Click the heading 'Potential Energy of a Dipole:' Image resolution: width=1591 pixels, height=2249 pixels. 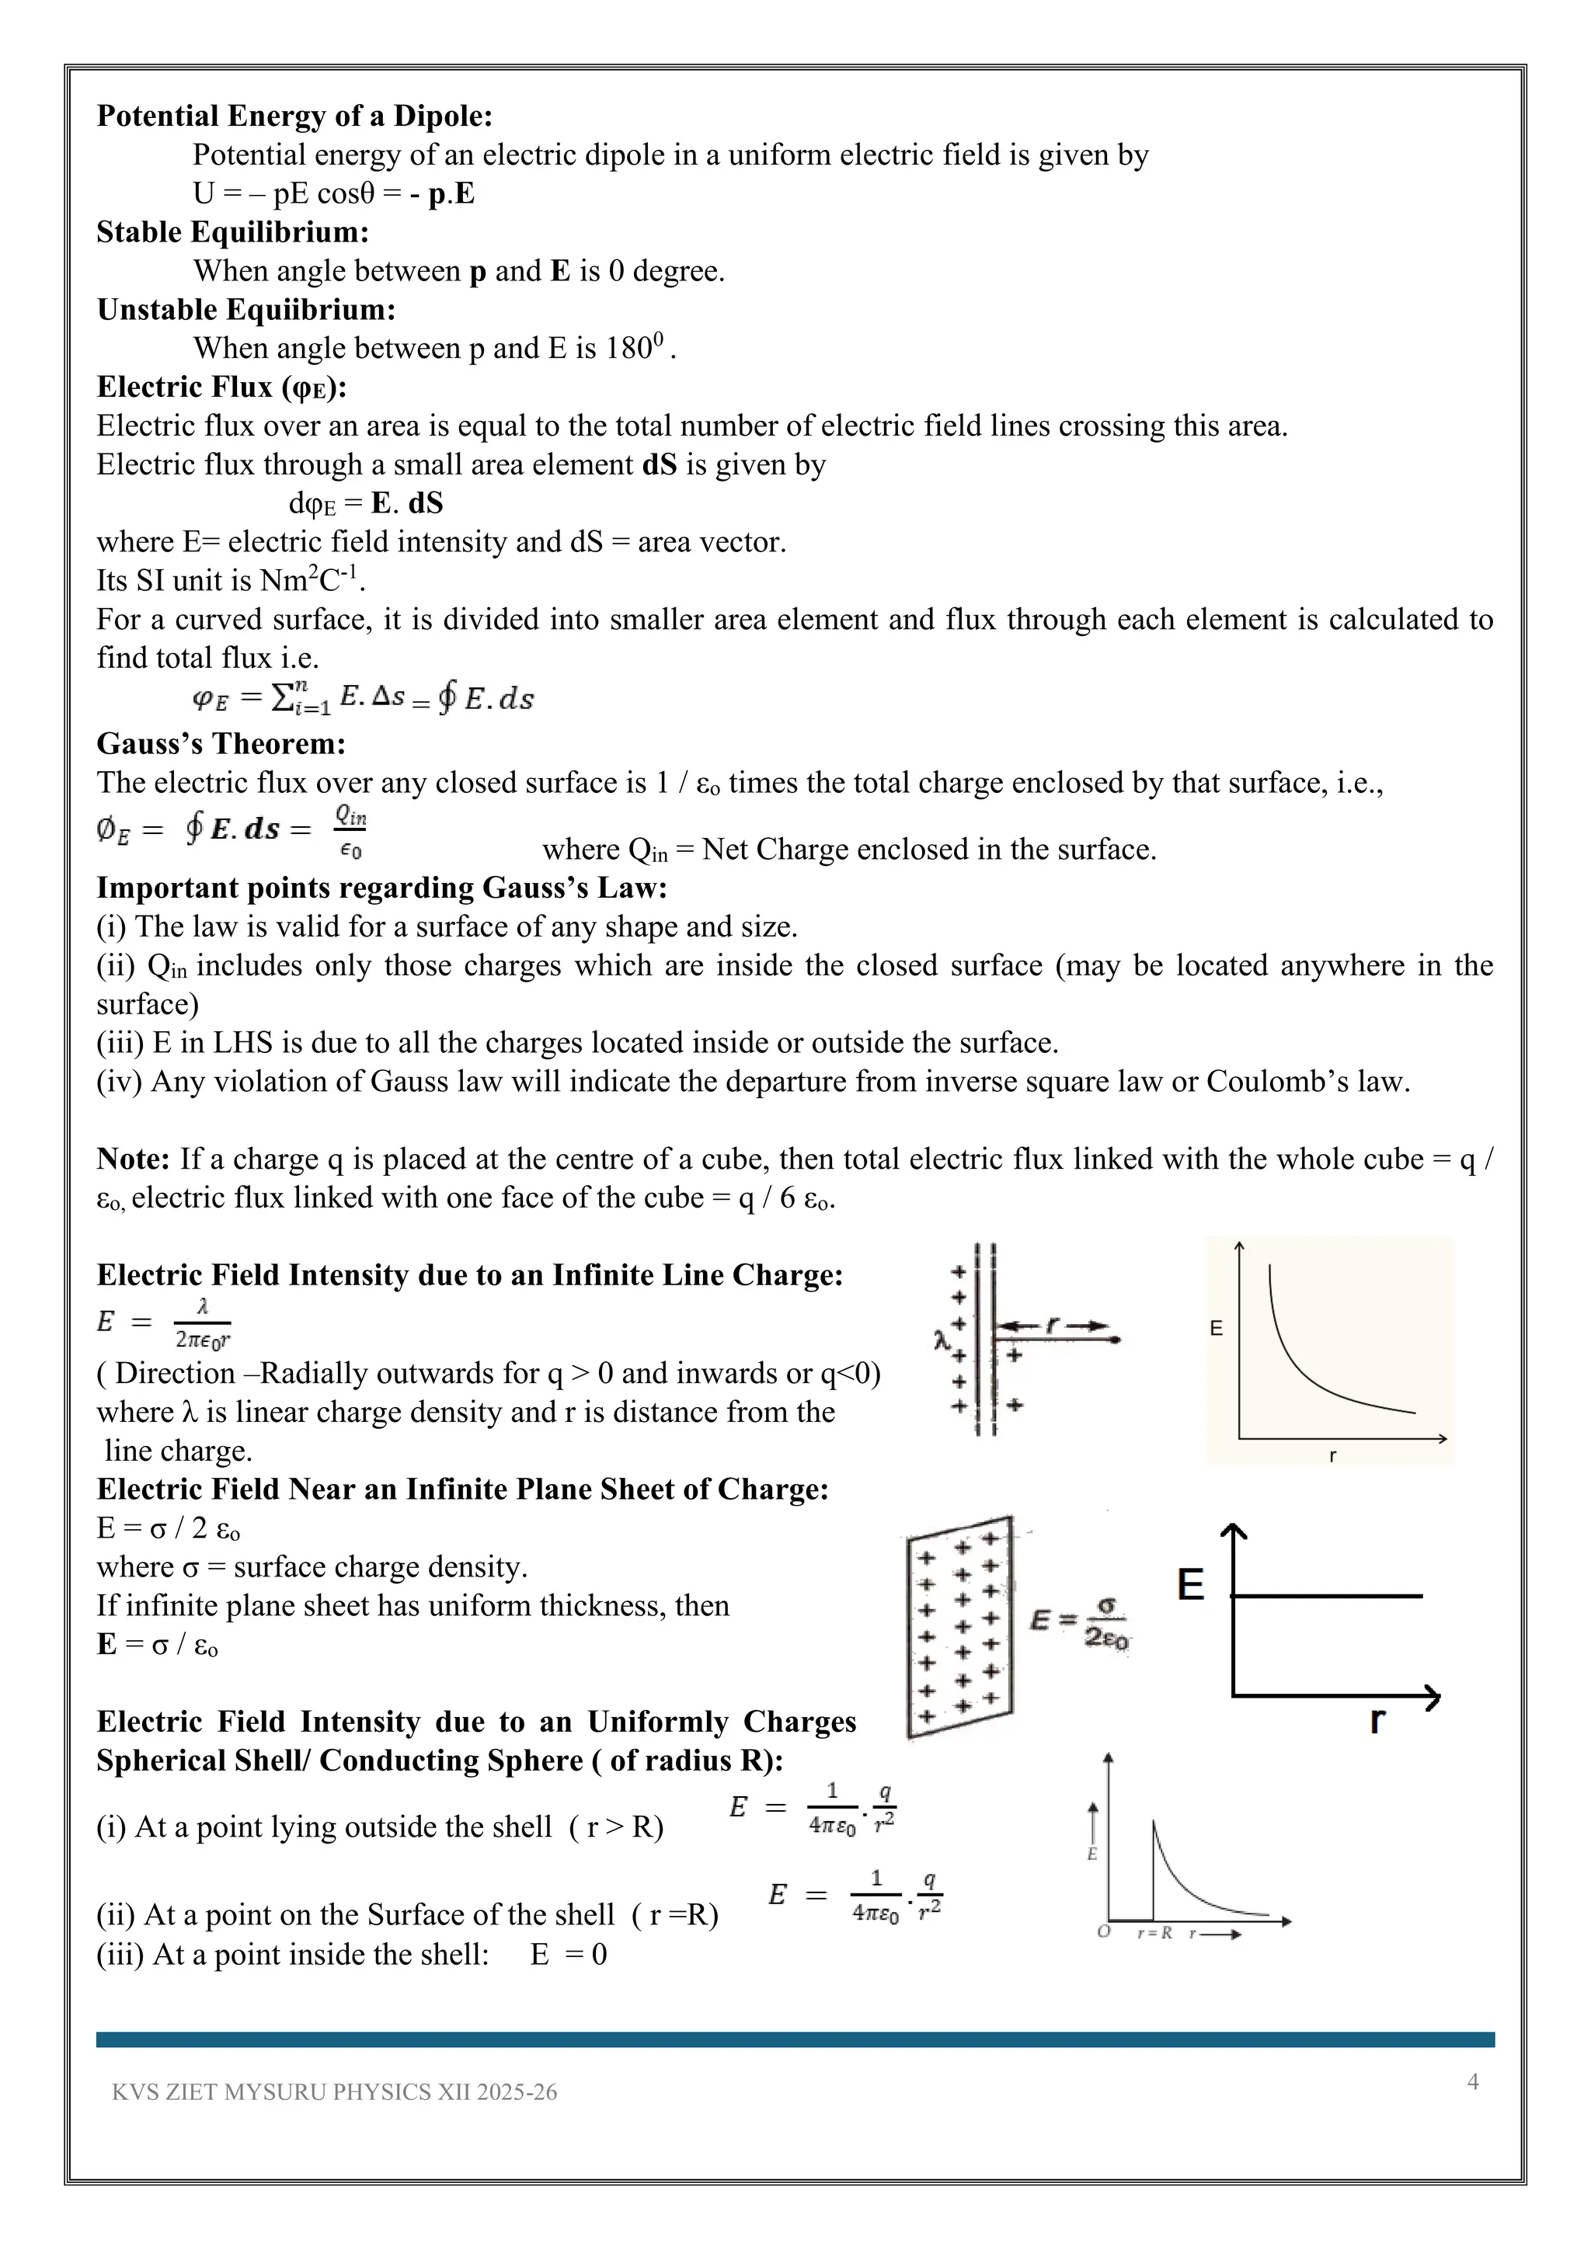click(294, 116)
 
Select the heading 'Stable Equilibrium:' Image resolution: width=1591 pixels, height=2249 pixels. click(232, 233)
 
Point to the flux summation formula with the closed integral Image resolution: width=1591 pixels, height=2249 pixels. click(363, 698)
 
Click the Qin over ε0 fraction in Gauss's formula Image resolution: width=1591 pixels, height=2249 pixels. click(350, 832)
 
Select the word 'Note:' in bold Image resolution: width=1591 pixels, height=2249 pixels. click(134, 1159)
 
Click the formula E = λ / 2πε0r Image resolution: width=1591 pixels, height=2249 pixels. click(164, 1323)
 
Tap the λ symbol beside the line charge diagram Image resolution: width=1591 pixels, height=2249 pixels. click(942, 1339)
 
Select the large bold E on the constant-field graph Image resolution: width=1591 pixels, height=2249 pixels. click(1190, 1585)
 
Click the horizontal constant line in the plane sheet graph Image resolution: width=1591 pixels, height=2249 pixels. click(1328, 1597)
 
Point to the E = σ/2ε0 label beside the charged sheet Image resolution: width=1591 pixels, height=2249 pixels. click(1081, 1623)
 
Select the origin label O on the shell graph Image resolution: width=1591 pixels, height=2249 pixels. click(1104, 1934)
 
